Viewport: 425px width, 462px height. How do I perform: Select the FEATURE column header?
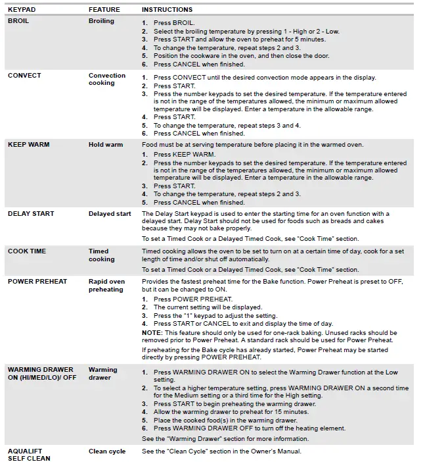point(104,10)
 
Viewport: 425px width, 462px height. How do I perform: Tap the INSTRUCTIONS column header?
point(167,10)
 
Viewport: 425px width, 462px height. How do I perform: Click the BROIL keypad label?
point(18,21)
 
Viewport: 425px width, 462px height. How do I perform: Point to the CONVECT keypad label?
point(24,76)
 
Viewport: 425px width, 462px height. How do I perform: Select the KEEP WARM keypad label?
point(28,144)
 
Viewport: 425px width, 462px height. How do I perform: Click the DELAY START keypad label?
point(31,213)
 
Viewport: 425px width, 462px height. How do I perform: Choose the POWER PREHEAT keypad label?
point(37,282)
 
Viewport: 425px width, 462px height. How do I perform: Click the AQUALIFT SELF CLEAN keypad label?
point(30,454)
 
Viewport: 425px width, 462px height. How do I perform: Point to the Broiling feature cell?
point(101,21)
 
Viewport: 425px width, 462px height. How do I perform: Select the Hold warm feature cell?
point(106,144)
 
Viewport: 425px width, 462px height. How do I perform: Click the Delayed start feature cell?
point(110,213)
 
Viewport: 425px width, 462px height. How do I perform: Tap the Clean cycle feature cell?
point(107,451)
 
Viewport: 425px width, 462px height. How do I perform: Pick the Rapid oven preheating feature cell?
point(106,286)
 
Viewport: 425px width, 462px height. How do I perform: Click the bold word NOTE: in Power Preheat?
point(153,333)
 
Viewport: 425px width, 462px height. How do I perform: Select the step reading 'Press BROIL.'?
point(175,22)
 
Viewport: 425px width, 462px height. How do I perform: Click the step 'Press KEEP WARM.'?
point(185,155)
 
